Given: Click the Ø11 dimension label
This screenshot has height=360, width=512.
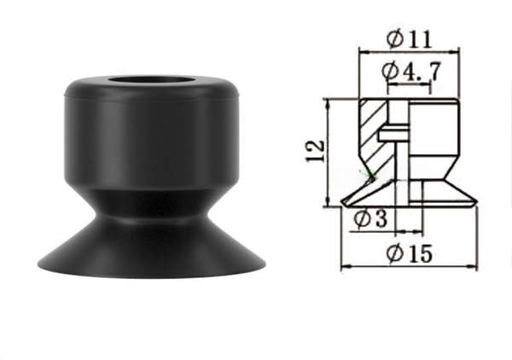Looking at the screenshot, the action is coord(409,39).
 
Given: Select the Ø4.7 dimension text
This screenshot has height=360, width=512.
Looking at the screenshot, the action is coord(411,71).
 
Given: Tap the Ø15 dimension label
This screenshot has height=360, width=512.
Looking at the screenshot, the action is coord(409,253).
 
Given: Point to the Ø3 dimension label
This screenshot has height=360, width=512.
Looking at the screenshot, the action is coord(371,218).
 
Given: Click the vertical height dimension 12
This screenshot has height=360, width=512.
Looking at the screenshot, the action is coord(316,152).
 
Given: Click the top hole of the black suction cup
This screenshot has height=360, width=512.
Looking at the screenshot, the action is coord(152,80).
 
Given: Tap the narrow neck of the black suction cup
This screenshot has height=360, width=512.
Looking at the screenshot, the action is coord(152,205).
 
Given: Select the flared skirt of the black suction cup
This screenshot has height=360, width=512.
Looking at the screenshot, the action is coord(152,248).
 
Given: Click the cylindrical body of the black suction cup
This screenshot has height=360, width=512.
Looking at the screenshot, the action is coord(152,137).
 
